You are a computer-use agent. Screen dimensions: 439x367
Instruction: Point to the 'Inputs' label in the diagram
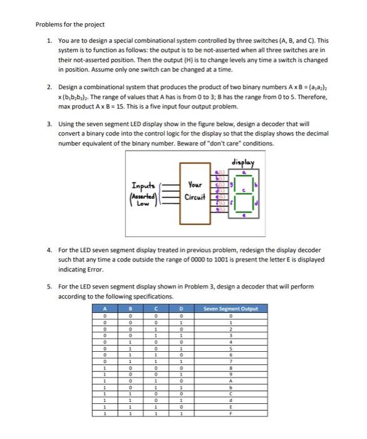(x=145, y=185)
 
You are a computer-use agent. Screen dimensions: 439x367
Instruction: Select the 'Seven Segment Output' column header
(x=231, y=308)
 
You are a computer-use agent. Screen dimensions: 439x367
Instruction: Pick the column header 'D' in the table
(x=181, y=308)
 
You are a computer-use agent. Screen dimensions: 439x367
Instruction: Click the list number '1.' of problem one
(x=49, y=40)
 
